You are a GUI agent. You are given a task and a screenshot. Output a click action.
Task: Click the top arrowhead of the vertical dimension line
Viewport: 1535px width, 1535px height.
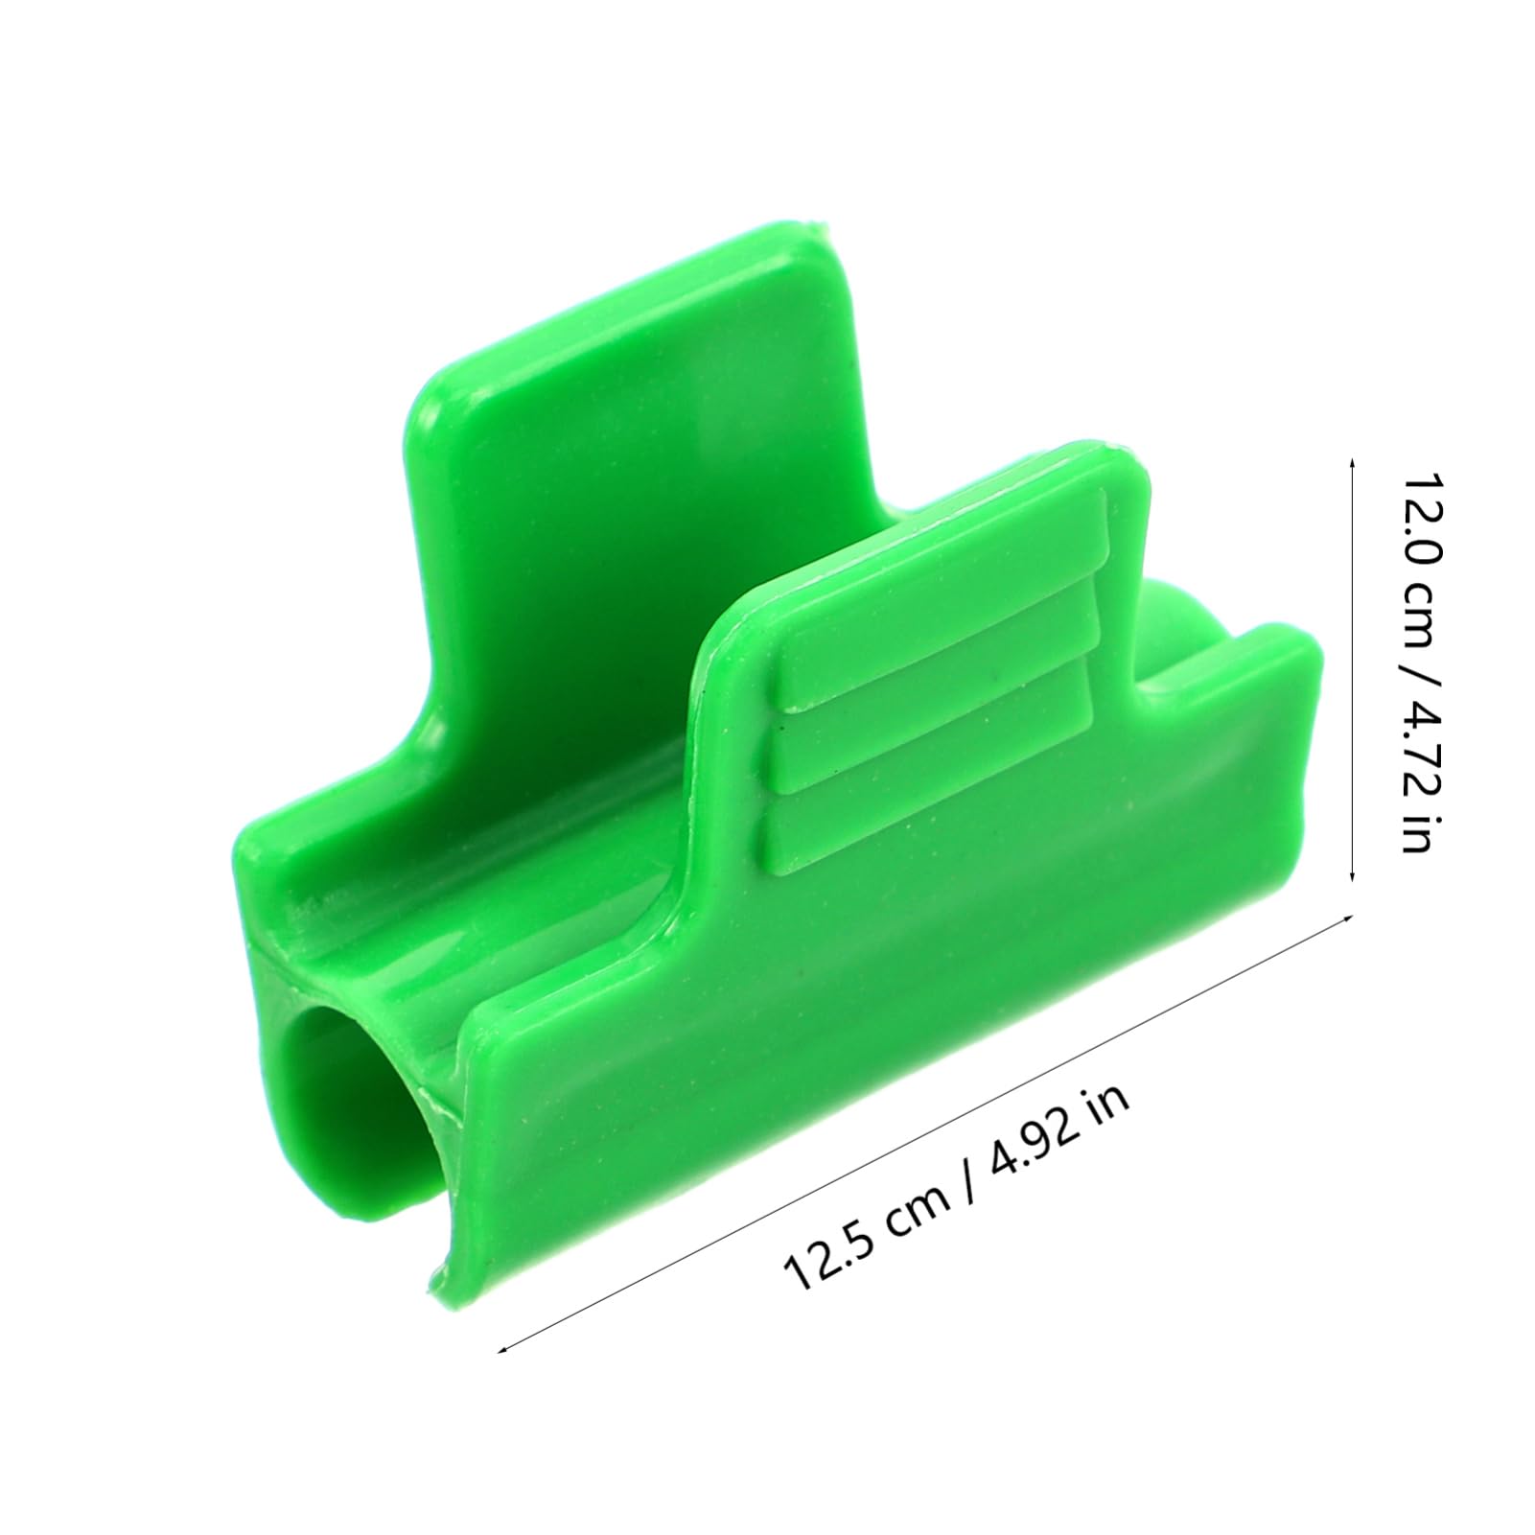coord(1352,463)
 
